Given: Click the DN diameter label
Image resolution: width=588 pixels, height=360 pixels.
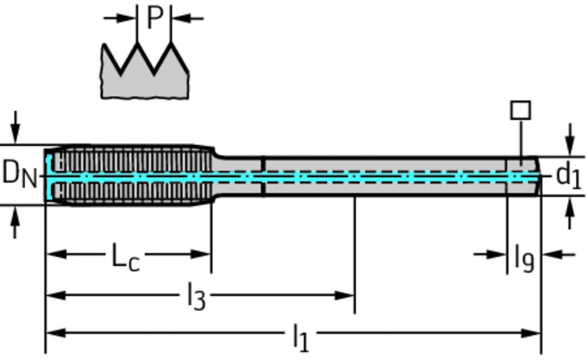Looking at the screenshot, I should click(x=19, y=173).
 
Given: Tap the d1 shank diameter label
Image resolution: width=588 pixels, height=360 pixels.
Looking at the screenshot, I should click(x=568, y=175).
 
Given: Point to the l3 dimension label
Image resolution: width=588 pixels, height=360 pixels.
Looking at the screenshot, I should click(x=196, y=298).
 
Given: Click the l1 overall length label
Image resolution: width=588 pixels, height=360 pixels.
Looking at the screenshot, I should click(x=300, y=338).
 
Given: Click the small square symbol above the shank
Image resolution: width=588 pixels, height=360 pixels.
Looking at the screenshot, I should click(x=520, y=111).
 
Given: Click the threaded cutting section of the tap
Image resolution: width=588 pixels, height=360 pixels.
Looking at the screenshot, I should click(x=130, y=175).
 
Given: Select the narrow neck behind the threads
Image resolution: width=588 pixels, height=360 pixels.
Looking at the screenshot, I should click(x=237, y=175).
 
